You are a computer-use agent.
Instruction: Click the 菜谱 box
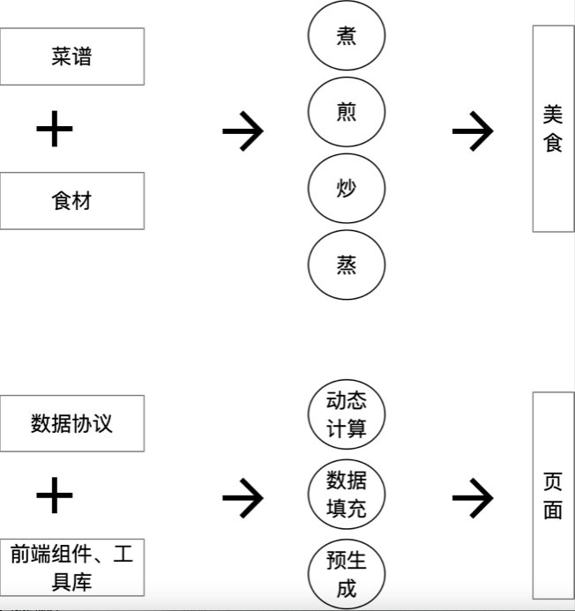pos(71,56)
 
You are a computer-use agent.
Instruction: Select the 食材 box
pos(71,201)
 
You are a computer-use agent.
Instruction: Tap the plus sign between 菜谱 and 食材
pos(55,130)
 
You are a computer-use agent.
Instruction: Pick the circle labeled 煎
pos(347,113)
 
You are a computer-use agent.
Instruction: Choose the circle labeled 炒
pos(347,189)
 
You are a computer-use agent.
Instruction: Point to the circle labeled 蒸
pos(347,265)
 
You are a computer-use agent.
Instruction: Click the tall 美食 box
pos(553,129)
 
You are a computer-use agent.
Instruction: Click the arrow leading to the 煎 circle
pos(243,132)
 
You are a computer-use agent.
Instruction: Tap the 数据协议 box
pos(71,424)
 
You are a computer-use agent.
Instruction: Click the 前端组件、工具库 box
pos(71,569)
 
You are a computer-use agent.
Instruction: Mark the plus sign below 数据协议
pos(55,496)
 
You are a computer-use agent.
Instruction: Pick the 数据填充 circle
pos(347,495)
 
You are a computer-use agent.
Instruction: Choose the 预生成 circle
pos(347,574)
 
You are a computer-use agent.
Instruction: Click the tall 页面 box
pos(553,496)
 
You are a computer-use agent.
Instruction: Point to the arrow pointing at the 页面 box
pos(473,499)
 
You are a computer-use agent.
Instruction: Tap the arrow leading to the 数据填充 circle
pos(243,499)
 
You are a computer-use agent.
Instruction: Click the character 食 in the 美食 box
pos(553,143)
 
